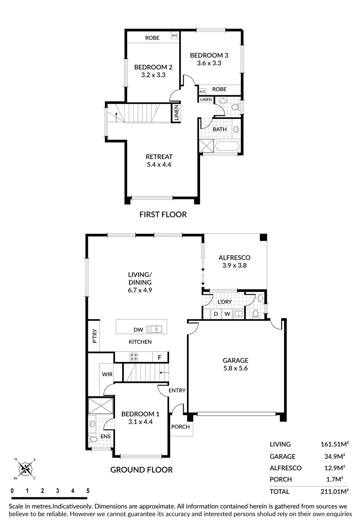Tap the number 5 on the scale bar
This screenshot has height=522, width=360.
coord(87,491)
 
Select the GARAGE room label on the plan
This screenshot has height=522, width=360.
coord(235,360)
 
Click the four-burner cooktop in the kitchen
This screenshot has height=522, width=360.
coord(134,358)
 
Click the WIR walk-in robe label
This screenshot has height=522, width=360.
coord(107,374)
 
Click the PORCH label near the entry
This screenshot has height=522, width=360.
coord(181,427)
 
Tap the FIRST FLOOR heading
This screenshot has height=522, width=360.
coord(162,215)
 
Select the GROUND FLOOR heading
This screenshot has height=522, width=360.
coord(141,469)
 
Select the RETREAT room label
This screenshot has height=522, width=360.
coord(159,157)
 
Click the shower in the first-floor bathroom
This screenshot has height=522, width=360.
coord(206,145)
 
